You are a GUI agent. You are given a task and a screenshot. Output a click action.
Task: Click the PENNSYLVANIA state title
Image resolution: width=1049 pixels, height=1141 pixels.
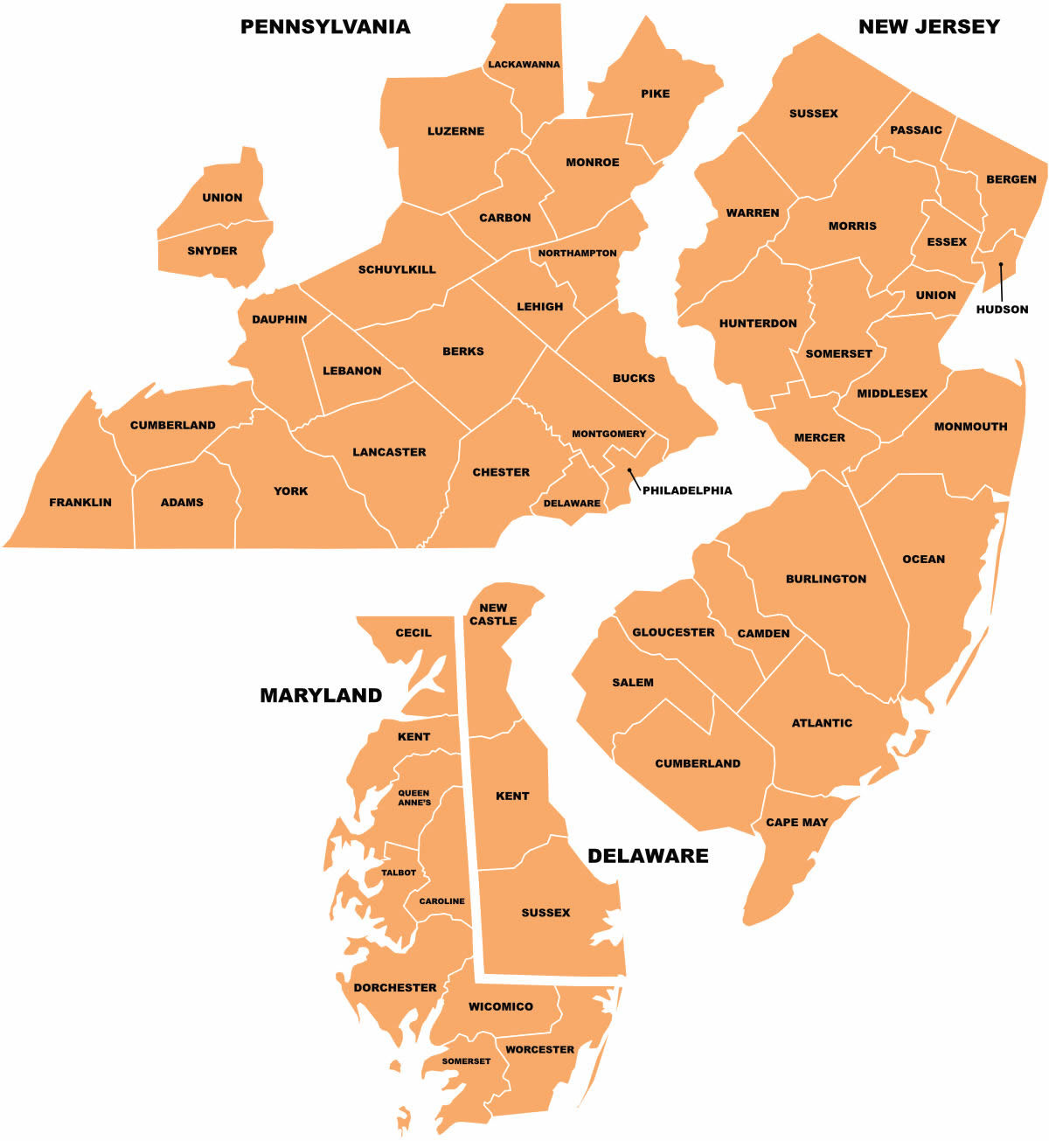coord(325,27)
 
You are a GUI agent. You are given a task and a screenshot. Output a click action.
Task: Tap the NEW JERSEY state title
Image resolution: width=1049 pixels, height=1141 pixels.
coord(928,27)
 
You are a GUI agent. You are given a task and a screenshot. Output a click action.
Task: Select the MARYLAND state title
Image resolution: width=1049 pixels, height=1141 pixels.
coord(321,696)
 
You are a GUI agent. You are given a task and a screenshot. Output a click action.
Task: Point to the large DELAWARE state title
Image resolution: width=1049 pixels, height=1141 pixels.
coord(648,856)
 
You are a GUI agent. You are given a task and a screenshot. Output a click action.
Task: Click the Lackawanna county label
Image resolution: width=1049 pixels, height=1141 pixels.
coord(524,65)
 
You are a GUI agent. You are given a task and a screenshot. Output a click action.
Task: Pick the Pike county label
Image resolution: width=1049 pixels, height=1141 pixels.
coord(655,94)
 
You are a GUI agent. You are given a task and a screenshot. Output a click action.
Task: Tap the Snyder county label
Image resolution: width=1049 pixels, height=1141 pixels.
coord(212,251)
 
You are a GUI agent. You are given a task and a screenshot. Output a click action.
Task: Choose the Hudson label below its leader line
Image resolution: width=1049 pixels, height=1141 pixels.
coord(1002,310)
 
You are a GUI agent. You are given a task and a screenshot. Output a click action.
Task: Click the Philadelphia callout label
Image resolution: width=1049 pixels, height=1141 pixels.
coord(687,490)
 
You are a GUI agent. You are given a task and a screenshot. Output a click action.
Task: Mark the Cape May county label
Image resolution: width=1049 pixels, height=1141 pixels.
coord(796,823)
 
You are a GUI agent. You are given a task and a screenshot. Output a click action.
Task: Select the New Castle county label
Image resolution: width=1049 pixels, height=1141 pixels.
coord(493,615)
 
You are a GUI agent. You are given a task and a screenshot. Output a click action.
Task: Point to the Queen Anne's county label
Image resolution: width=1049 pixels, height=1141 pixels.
coord(414,798)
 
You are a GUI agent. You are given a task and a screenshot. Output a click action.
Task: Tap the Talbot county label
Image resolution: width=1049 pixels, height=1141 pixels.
coord(399,873)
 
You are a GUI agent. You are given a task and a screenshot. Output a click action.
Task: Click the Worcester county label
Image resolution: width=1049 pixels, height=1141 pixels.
coord(539,1049)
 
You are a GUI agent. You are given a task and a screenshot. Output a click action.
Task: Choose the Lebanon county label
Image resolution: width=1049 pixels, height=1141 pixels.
coord(352,371)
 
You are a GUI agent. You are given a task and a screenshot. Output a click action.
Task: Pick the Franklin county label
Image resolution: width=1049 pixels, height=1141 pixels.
coord(80,503)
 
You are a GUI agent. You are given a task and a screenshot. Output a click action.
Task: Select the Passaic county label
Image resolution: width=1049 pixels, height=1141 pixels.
coord(915,130)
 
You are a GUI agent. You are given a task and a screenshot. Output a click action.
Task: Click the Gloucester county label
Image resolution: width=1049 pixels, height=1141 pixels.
coord(673,632)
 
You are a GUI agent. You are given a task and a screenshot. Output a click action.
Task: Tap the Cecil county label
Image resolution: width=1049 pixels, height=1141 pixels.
coord(413,633)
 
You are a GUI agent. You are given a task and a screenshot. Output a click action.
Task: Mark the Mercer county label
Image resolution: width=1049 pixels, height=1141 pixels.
coord(819,438)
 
